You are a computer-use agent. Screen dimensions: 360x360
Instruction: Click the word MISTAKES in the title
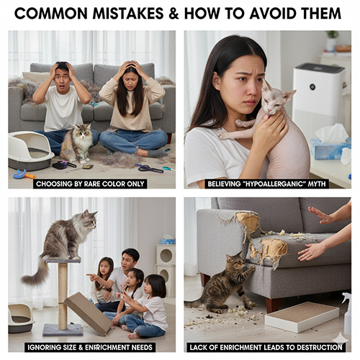tap(128, 14)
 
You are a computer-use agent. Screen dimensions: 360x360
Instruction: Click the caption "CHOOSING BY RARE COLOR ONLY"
tap(90, 184)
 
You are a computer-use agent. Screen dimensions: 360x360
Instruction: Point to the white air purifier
tap(319, 96)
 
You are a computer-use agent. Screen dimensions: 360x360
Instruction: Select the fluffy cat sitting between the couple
tap(77, 143)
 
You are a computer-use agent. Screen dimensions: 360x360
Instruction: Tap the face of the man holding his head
tap(62, 77)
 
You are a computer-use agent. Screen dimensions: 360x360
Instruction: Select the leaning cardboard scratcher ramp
tap(89, 313)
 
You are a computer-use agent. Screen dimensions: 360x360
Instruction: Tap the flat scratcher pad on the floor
tap(302, 316)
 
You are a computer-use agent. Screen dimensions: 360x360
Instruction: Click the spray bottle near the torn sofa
tap(347, 313)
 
